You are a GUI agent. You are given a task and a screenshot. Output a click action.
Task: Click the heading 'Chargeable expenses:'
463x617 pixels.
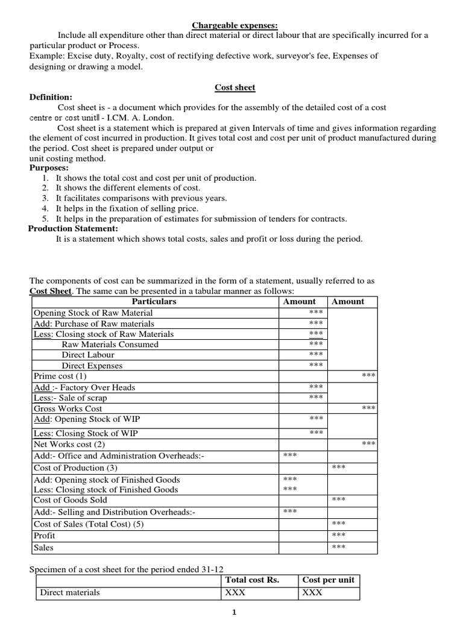click(x=235, y=25)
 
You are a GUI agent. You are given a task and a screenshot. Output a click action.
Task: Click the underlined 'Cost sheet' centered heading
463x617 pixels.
click(x=235, y=87)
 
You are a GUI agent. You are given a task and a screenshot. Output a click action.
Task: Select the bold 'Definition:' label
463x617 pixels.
click(x=51, y=97)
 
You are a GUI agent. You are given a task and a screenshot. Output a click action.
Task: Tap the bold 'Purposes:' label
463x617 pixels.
click(x=49, y=168)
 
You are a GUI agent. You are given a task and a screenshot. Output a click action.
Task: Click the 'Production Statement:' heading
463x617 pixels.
click(x=74, y=228)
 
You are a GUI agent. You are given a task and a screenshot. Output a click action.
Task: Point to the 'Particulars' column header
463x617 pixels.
click(x=154, y=301)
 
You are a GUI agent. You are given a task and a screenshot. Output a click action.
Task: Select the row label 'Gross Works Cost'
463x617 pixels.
click(x=68, y=409)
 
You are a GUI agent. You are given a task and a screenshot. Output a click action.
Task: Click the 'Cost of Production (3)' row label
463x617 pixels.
click(x=76, y=468)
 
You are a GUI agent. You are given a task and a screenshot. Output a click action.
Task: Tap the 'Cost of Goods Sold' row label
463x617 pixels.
click(x=71, y=500)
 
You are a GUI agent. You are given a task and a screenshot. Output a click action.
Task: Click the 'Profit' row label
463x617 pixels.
click(x=45, y=536)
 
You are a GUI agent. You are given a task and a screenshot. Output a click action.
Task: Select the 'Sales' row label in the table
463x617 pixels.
click(x=44, y=548)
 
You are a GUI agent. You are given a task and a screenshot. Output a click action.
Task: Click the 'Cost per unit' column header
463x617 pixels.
click(x=329, y=580)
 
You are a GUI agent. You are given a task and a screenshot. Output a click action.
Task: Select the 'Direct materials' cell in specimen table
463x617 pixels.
click(x=70, y=592)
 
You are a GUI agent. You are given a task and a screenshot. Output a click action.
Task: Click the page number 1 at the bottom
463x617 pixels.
click(x=235, y=612)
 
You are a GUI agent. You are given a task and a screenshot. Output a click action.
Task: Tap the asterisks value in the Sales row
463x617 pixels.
click(x=339, y=547)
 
